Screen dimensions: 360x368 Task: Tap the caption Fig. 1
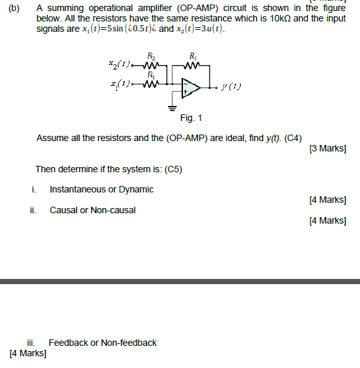(191, 118)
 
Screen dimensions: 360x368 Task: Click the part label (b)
(14, 8)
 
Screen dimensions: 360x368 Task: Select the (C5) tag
(174, 169)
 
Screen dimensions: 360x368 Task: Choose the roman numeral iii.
(31, 343)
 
